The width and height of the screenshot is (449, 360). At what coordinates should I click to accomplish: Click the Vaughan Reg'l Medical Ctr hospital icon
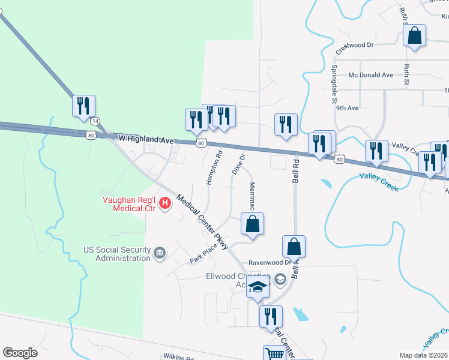tap(164, 205)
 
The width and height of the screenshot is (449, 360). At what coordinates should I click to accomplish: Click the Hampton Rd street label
tap(214, 166)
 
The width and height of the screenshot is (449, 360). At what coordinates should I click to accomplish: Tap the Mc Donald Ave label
tap(370, 75)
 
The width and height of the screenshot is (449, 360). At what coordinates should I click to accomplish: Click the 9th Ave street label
tap(347, 108)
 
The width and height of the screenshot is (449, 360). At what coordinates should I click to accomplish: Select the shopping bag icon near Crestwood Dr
tap(414, 36)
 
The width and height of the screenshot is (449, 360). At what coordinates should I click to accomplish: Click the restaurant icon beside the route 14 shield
tap(83, 106)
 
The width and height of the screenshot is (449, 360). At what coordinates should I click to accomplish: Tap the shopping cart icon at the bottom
tap(274, 354)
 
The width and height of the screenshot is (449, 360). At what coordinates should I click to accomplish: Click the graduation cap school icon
tap(258, 288)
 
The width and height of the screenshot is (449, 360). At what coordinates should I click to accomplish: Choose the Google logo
tap(20, 353)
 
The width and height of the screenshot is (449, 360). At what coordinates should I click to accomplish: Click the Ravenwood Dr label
tap(270, 262)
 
